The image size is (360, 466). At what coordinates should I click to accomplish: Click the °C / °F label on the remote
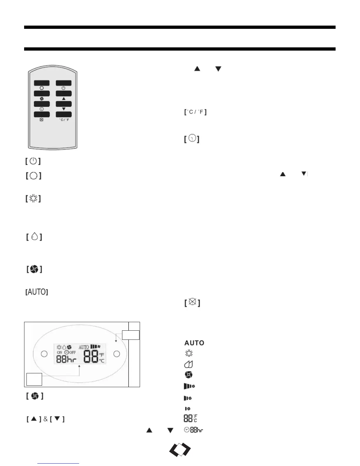[64, 120]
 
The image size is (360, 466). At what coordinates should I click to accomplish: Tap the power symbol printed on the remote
[64, 88]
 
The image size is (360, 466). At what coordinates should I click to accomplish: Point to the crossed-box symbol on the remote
[41, 120]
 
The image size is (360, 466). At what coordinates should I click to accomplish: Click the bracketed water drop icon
[34, 237]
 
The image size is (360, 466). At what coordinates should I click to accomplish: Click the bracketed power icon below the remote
[33, 161]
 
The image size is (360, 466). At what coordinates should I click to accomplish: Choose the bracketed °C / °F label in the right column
[195, 112]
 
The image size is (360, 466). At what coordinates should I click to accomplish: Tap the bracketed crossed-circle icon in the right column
[192, 302]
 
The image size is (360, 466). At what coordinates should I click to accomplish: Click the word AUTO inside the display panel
[84, 347]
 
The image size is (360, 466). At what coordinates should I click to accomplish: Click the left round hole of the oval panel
[44, 354]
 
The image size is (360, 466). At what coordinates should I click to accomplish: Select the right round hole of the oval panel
[117, 354]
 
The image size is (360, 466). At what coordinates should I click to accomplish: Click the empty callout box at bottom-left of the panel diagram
[34, 379]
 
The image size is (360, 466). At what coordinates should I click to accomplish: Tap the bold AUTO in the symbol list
[194, 343]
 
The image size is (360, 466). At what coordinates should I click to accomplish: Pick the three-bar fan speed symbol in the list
[189, 386]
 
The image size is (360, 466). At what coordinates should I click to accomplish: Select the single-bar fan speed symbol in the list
[187, 409]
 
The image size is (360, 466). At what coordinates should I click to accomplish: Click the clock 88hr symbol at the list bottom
[194, 430]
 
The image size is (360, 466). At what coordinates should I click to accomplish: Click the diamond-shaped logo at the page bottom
[180, 450]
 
